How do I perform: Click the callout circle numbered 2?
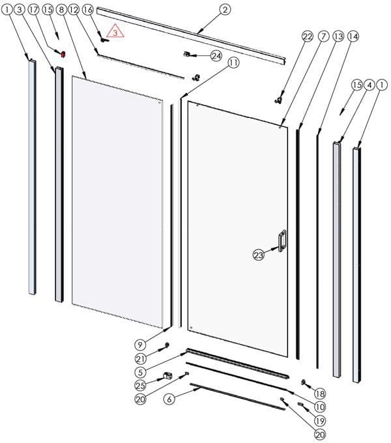pos(224,10)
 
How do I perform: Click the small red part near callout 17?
pos(63,55)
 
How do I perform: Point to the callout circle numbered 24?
pos(216,56)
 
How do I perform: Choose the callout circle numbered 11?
pos(233,63)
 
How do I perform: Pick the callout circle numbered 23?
pos(258,255)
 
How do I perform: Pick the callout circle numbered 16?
pos(87,10)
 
